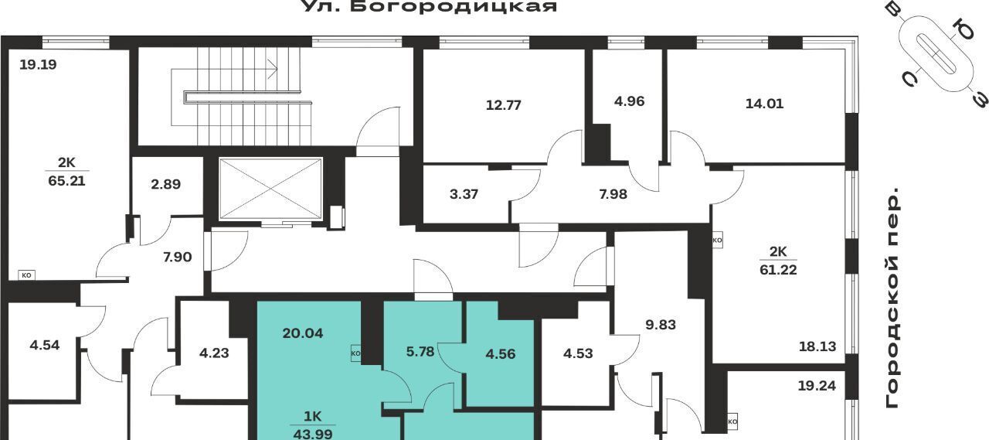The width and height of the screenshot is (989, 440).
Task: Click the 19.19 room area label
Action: click(39, 65)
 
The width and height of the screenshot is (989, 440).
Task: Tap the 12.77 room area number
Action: click(503, 105)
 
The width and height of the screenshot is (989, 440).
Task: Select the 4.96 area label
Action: click(629, 101)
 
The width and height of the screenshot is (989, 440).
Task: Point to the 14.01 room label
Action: click(764, 104)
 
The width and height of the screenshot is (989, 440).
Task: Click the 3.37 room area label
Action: click(464, 194)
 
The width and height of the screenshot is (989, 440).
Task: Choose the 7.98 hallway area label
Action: click(613, 194)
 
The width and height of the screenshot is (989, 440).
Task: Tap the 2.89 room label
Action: click(165, 184)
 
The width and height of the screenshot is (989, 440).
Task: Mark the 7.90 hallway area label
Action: click(177, 257)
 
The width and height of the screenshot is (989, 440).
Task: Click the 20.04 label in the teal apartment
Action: click(302, 333)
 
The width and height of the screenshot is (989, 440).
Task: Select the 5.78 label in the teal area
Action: click(420, 352)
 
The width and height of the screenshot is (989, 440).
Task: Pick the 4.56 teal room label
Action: click(500, 354)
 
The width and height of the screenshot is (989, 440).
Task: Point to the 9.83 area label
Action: click(661, 325)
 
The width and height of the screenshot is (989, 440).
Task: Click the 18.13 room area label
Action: click(817, 346)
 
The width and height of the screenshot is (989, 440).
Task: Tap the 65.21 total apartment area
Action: click(66, 181)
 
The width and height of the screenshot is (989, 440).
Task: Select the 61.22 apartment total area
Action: click(778, 269)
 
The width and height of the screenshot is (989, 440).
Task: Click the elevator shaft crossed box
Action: click(270, 189)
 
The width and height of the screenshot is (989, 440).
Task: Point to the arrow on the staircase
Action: click(224, 69)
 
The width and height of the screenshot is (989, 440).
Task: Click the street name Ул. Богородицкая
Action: click(430, 6)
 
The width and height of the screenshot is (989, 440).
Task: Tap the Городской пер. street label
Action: click(892, 299)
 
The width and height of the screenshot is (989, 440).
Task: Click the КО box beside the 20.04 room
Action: click(356, 353)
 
